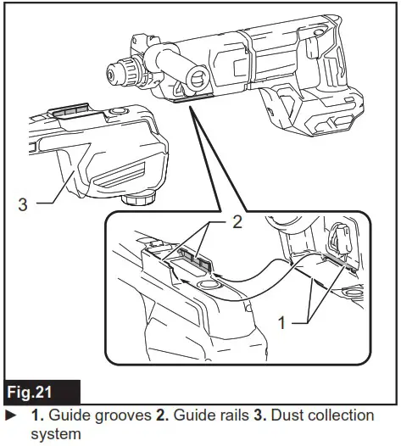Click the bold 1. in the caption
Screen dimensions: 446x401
pos(37,415)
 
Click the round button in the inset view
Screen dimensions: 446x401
pos(208,287)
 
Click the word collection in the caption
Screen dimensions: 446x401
pos(346,415)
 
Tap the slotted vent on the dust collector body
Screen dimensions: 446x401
pos(120,178)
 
